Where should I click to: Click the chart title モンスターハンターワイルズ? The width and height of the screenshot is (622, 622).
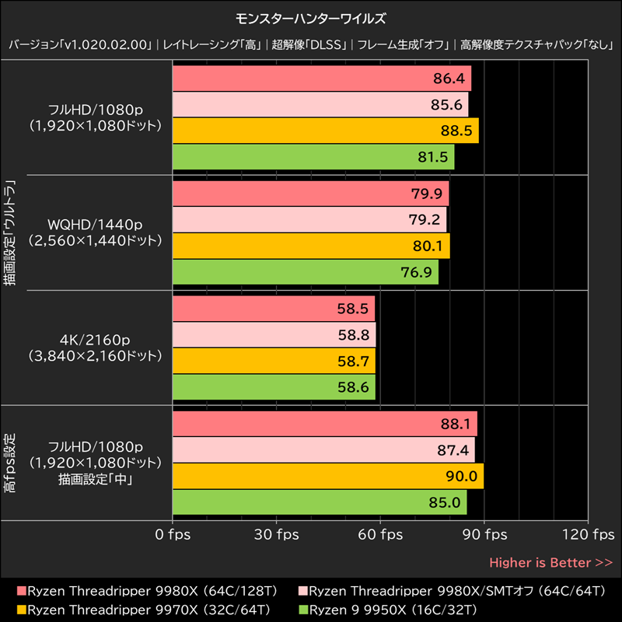point(310,18)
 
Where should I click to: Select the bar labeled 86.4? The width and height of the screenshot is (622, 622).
point(321,79)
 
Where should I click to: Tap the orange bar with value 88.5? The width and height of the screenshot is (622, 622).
point(325,131)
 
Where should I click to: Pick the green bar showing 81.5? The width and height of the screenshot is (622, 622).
point(313,157)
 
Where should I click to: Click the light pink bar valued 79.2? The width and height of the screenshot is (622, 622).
point(309,219)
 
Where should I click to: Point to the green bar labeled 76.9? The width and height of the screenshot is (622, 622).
point(305,271)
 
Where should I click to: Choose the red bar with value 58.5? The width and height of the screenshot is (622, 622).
point(274,309)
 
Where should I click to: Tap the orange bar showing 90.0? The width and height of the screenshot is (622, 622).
point(327,476)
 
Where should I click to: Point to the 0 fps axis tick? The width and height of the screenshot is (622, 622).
point(172,535)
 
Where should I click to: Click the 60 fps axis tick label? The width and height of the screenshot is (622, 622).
point(380,535)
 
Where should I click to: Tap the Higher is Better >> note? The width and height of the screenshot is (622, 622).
point(550,562)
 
